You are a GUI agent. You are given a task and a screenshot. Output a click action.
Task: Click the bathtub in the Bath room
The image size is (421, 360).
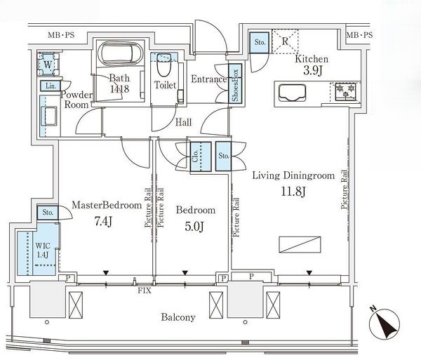[117, 53]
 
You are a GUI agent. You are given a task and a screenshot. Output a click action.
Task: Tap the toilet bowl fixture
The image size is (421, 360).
[163, 65]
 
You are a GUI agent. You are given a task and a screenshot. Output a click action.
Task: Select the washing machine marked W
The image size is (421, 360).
[48, 65]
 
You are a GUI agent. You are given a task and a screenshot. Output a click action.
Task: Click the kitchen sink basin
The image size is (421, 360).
[292, 93]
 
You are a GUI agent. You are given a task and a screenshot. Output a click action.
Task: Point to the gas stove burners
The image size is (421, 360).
[345, 91]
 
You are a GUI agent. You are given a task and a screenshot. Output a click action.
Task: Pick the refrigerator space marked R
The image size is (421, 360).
[285, 41]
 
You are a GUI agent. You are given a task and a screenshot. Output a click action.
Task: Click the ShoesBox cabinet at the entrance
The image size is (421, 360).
[235, 84]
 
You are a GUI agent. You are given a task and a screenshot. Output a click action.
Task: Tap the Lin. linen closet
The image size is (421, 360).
[51, 86]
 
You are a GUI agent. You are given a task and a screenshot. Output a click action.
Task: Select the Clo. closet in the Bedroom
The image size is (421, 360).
[201, 156]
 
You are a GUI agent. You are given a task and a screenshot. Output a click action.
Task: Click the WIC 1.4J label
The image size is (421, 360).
[43, 251]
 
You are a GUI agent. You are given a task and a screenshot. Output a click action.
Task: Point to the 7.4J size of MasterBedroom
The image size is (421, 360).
[103, 222]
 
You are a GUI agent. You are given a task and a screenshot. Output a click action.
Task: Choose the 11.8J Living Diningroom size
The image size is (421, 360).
[293, 192]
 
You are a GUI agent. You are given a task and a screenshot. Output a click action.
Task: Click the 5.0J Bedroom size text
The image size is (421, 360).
[194, 227]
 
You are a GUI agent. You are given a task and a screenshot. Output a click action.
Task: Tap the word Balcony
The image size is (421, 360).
[178, 317]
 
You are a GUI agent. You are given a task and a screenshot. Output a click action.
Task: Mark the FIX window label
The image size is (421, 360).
[145, 291]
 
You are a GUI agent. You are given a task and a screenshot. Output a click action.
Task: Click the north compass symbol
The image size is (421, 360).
[385, 323]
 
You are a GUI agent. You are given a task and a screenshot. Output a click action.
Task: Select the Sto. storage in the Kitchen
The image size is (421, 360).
[260, 42]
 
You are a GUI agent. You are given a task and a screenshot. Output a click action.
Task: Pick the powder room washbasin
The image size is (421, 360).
[48, 116]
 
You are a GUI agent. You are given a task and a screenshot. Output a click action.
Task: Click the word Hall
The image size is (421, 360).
[184, 123]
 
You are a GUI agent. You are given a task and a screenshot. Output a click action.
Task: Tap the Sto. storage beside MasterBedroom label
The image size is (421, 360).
[48, 213]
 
